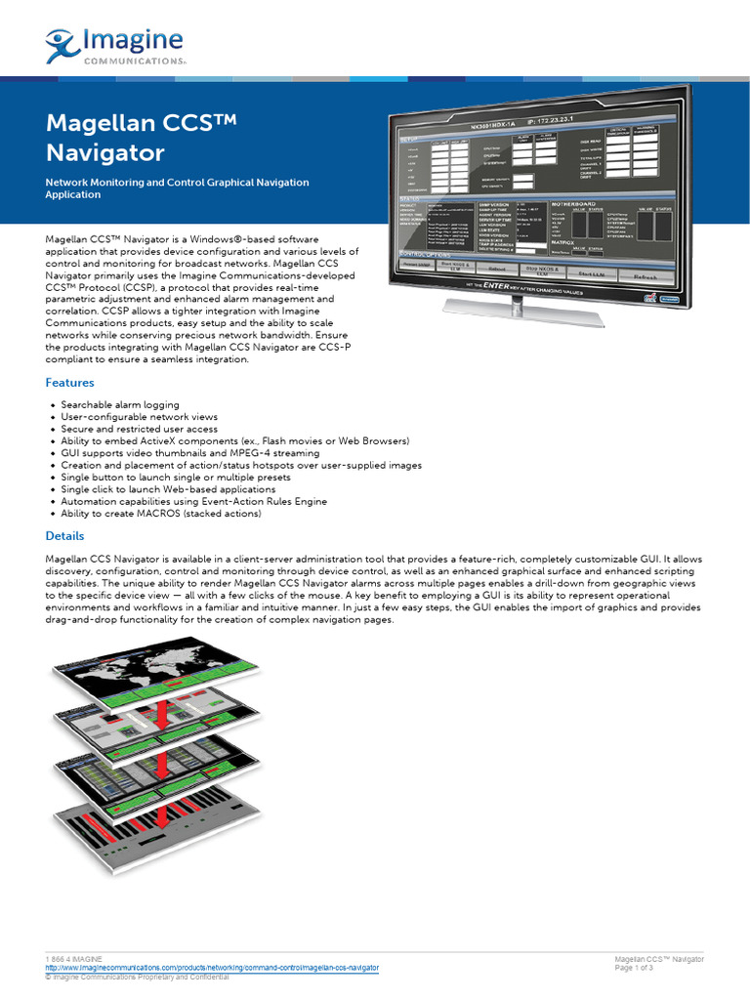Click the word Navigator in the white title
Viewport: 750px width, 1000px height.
(105, 153)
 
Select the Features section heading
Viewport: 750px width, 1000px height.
(70, 383)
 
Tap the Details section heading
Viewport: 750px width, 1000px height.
(65, 536)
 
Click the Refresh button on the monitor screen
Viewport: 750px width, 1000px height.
(646, 276)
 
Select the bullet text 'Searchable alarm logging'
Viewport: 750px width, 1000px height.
(120, 404)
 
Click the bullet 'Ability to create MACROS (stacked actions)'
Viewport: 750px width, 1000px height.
(161, 514)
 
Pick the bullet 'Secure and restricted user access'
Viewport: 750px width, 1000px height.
(140, 429)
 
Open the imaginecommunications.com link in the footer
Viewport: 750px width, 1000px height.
(213, 967)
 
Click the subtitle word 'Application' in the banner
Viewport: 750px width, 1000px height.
(73, 194)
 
